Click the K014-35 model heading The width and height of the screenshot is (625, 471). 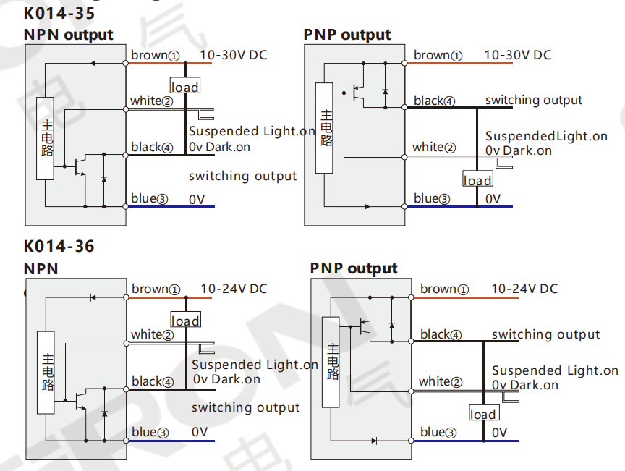59,13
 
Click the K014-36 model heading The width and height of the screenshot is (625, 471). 59,246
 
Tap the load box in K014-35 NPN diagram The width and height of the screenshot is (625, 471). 185,85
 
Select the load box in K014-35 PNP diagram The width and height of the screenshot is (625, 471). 477,179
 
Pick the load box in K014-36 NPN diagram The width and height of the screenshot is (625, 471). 186,319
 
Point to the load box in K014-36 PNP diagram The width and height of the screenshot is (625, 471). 484,412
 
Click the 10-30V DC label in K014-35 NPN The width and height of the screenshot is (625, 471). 234,55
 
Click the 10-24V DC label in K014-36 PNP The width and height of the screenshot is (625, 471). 524,289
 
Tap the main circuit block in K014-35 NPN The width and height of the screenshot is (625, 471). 45,138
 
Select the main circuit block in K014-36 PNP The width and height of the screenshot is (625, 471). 331,362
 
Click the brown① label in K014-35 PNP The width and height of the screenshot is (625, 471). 438,56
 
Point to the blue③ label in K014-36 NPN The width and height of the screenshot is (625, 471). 150,433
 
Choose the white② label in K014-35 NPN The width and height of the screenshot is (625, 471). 151,101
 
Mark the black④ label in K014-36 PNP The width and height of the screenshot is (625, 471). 441,334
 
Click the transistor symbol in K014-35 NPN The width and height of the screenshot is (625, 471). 80,166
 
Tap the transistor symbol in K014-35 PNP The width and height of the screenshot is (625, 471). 358,93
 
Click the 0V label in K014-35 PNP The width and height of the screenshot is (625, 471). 493,199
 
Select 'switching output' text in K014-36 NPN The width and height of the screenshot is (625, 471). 245,407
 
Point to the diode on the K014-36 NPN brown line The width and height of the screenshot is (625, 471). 93,297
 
